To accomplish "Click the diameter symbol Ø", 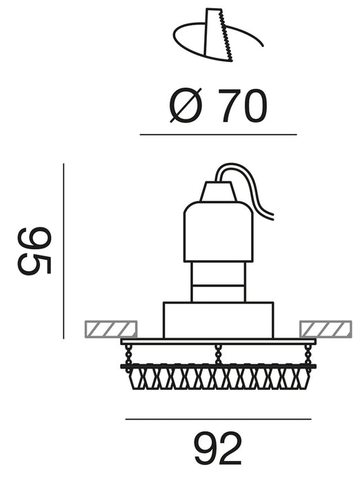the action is click(186, 105).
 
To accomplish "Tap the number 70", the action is click(242, 106).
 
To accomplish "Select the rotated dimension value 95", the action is click(34, 251).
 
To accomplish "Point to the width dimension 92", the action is click(218, 448).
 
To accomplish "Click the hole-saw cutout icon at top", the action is click(218, 35).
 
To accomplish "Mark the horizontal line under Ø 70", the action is click(218, 135).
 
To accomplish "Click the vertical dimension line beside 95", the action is click(63, 251).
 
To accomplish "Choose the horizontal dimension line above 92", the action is click(219, 420).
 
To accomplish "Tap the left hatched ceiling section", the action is click(110, 328).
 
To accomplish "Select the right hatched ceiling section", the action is click(326, 328).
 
